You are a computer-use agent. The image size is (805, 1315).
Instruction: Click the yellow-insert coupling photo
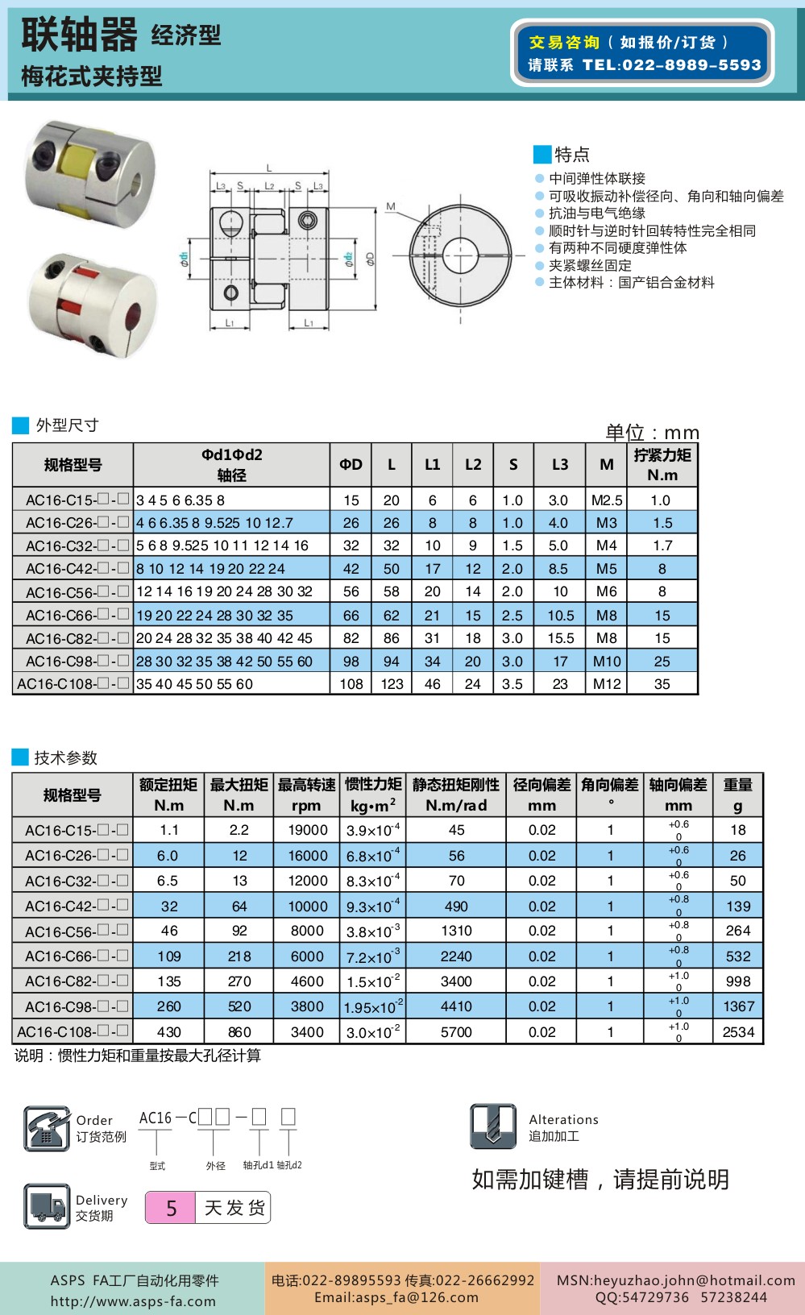[x=90, y=172]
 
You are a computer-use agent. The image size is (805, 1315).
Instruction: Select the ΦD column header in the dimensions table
[x=351, y=464]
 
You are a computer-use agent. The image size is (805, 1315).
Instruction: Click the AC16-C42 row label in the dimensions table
[x=73, y=569]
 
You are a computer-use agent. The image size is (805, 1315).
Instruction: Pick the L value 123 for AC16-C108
[x=392, y=684]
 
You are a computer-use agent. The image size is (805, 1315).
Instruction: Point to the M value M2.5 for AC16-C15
[x=606, y=500]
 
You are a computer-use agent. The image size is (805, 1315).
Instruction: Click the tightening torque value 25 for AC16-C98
[x=662, y=662]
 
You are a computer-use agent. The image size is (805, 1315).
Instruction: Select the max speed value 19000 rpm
[x=307, y=830]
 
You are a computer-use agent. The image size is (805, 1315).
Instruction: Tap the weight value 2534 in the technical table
[x=738, y=1032]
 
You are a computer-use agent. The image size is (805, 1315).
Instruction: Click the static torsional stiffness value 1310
[x=456, y=931]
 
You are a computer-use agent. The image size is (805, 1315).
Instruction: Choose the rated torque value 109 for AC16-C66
[x=168, y=956]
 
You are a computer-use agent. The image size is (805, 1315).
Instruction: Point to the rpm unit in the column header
[x=306, y=806]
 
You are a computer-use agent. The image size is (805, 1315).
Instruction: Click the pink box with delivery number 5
[x=171, y=1208]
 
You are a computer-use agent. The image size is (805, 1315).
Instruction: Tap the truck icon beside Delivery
[x=47, y=1206]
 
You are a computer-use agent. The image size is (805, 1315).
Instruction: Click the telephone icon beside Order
[x=47, y=1128]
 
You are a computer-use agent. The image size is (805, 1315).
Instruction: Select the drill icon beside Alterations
[x=493, y=1126]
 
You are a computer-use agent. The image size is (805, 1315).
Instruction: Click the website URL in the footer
[x=133, y=1301]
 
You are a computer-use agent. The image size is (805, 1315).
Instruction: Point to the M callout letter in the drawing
[x=391, y=207]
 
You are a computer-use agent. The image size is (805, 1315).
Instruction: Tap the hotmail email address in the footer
[x=675, y=1280]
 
